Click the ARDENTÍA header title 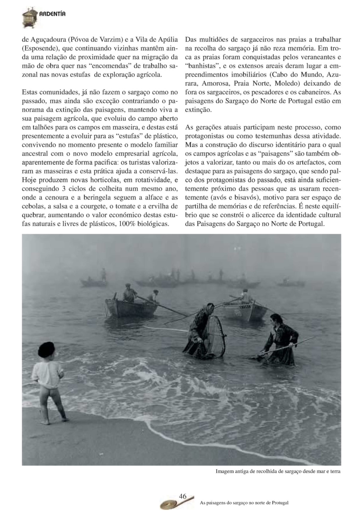[x=52, y=14]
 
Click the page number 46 [x=183, y=496]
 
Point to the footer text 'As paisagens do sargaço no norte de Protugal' [x=244, y=503]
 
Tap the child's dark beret [x=46, y=349]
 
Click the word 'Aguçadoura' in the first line [x=48, y=39]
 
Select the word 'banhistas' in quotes [x=201, y=66]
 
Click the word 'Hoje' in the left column [x=29, y=180]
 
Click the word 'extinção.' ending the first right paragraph [x=199, y=110]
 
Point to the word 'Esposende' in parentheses [x=38, y=48]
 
